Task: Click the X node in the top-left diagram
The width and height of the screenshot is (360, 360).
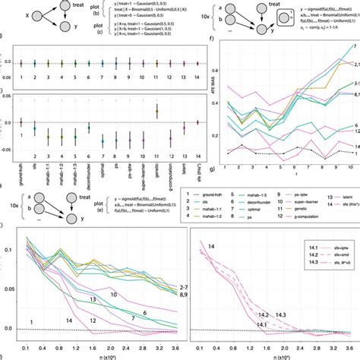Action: click(x=8, y=14)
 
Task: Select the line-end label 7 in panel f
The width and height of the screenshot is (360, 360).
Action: click(x=353, y=47)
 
